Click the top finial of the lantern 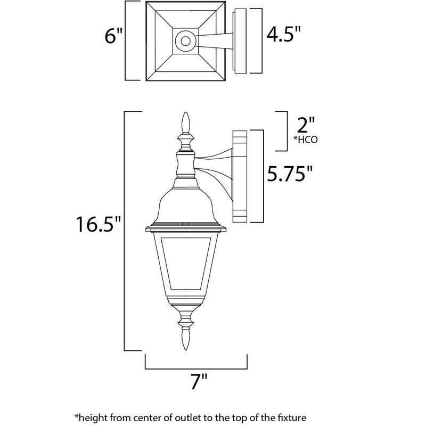[186, 124]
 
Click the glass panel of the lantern [185, 266]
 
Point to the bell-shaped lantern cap [185, 205]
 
